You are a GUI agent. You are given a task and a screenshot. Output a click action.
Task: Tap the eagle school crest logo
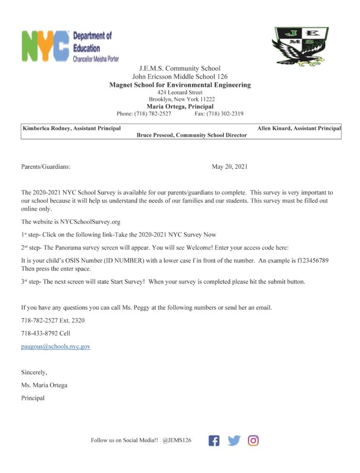(x=300, y=46)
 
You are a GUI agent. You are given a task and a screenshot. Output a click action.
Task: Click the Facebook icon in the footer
(x=214, y=441)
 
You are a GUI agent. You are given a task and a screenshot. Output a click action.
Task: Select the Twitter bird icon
(x=234, y=441)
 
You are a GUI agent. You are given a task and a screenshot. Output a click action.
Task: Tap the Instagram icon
(x=253, y=441)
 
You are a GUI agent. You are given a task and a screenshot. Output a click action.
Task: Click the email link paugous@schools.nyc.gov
(x=56, y=346)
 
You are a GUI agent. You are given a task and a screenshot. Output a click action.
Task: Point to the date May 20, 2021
(x=229, y=167)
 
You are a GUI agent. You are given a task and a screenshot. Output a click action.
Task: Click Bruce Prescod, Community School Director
(x=191, y=135)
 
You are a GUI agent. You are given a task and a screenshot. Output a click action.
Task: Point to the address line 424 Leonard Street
(x=179, y=92)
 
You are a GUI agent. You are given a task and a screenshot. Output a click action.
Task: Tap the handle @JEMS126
(x=177, y=441)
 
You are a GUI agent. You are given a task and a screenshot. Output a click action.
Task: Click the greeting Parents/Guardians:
(x=46, y=167)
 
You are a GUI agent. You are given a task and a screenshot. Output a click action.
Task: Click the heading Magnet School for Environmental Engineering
(x=180, y=84)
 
